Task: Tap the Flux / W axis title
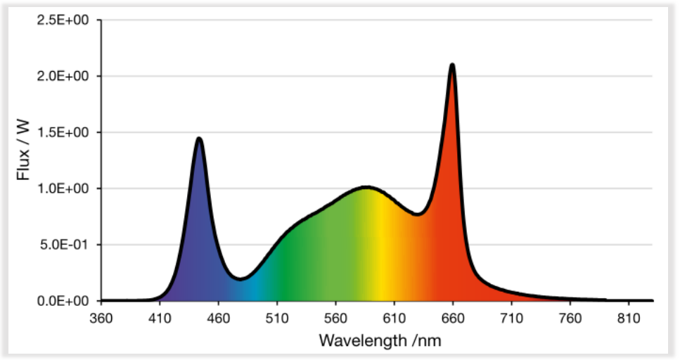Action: point(23,160)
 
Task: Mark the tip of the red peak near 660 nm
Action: point(452,65)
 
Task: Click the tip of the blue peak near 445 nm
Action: point(199,139)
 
